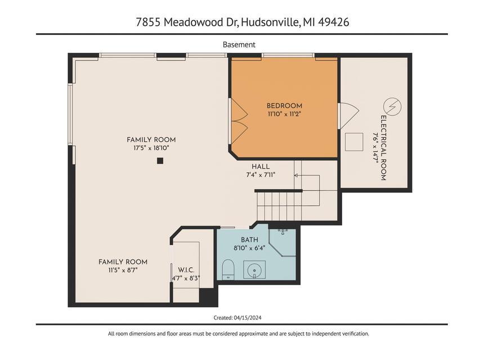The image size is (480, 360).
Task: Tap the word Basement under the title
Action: click(239, 44)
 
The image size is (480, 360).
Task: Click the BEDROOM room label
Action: click(284, 106)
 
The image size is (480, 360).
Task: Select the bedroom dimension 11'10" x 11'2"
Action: click(284, 114)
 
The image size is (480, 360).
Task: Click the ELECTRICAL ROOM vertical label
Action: click(383, 148)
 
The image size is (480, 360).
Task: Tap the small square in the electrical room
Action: click(355, 141)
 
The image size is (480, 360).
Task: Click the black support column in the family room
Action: click(160, 161)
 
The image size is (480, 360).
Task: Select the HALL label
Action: click(261, 166)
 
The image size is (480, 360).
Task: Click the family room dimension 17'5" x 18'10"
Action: click(151, 148)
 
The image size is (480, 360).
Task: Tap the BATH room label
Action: click(249, 240)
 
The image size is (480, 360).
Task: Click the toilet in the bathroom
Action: click(228, 269)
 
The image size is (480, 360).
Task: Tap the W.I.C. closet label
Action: click(186, 269)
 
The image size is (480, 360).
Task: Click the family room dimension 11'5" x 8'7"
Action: click(123, 270)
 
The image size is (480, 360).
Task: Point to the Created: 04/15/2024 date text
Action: click(237, 318)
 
